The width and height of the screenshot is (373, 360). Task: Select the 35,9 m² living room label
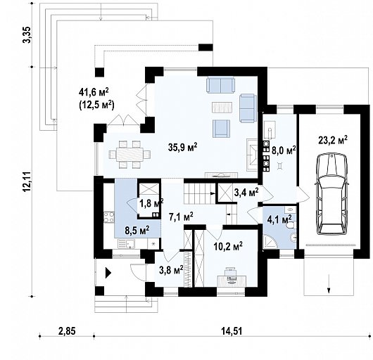pyautogui.click(x=182, y=148)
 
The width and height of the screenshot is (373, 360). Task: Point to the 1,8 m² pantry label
pyautogui.click(x=151, y=204)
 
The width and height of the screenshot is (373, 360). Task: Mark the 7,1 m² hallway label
pyautogui.click(x=181, y=217)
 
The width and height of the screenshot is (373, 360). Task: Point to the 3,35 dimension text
pyautogui.click(x=27, y=34)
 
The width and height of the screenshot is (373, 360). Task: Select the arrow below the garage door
pyautogui.click(x=327, y=286)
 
